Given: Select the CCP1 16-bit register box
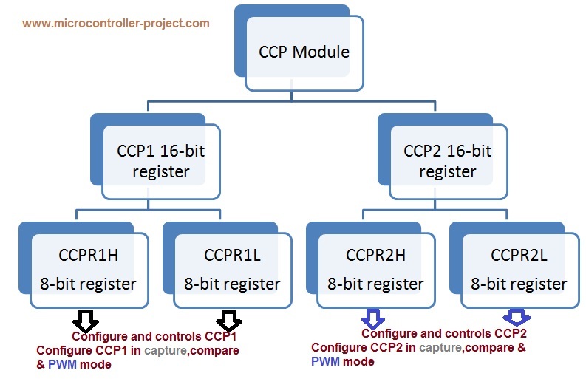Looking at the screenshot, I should (x=161, y=161).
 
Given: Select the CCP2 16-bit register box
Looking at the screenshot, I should (x=447, y=161).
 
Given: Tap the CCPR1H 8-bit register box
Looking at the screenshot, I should (x=88, y=269).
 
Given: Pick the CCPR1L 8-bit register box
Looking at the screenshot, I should (x=232, y=269).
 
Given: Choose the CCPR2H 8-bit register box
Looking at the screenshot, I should (x=375, y=269).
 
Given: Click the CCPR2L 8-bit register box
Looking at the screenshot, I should (x=519, y=269).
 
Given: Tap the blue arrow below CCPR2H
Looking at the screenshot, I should (x=372, y=319).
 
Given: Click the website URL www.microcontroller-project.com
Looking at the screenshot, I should (x=116, y=23).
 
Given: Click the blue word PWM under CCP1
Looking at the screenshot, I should (x=61, y=364).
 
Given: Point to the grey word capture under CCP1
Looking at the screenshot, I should (x=166, y=350).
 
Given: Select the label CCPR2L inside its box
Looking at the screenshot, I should (x=519, y=255).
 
